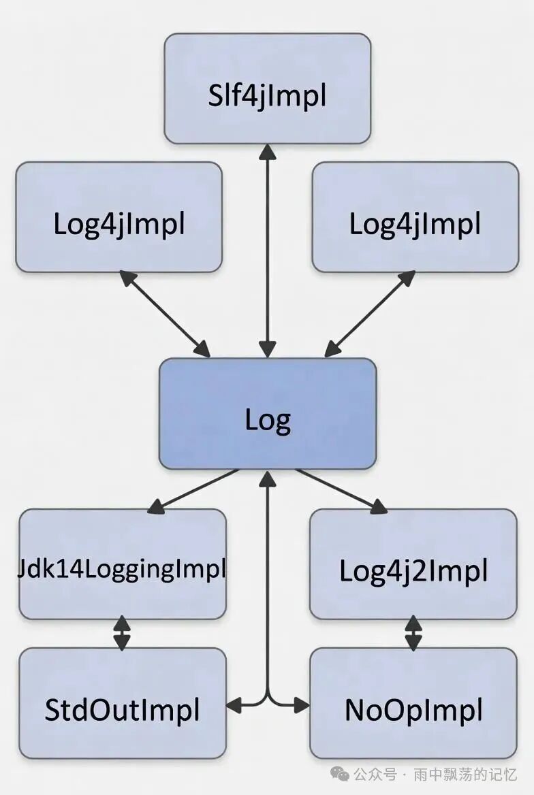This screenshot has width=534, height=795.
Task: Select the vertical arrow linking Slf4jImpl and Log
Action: tap(268, 252)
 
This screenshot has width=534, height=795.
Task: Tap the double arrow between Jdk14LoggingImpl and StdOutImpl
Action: tap(122, 633)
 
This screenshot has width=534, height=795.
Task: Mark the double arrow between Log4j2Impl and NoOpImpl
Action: tap(413, 633)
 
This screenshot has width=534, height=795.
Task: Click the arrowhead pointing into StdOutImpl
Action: tap(234, 705)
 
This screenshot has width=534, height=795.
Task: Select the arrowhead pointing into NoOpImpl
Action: tap(302, 705)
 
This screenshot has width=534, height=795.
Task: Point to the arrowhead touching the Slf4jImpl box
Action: tap(268, 151)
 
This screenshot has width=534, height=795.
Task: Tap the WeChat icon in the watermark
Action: tap(339, 774)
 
